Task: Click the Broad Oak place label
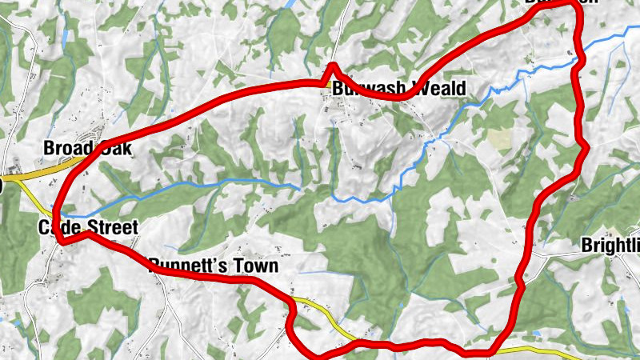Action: [x=86, y=149]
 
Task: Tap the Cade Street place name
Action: [x=88, y=228]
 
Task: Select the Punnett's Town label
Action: [x=213, y=266]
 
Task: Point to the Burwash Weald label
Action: [x=398, y=88]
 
